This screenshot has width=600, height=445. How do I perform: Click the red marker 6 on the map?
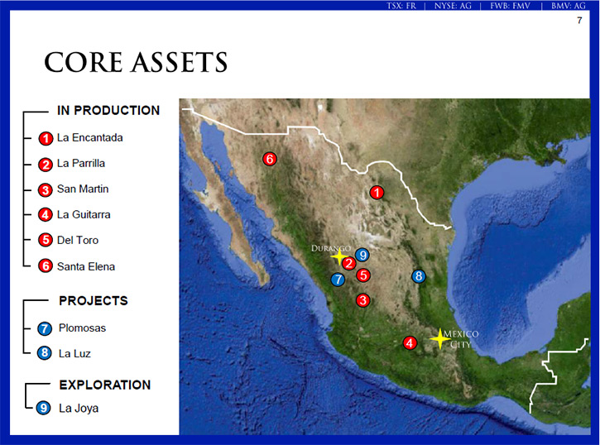pos(270,159)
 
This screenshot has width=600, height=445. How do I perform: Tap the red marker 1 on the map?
pos(377,192)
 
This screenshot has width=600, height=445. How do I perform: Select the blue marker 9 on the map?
pos(362,255)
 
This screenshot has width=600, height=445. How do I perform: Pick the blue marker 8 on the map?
pos(419,276)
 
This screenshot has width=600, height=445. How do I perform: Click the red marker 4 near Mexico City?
pos(410,343)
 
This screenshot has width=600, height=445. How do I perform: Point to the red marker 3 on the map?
pos(362,300)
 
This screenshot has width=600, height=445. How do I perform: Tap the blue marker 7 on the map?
pos(338,280)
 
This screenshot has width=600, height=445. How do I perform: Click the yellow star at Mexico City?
pos(440,339)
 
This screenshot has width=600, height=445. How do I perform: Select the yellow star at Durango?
pos(339,256)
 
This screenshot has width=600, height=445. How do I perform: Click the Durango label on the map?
pos(331,248)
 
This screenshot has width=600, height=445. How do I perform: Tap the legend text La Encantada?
pos(90,137)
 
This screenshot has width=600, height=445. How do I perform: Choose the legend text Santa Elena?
pos(86,266)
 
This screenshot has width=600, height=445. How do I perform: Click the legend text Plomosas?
pos(82,328)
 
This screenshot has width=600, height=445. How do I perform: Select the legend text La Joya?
pos(79,409)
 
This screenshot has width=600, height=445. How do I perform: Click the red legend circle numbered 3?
pos(46,189)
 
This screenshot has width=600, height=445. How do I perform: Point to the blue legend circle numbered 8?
pos(45,353)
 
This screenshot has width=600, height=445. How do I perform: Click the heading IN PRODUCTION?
pos(108,111)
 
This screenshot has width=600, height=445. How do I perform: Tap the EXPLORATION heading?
pos(105,385)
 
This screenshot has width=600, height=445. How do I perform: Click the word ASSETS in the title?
pos(180,62)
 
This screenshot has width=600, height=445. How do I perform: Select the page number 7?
pos(579,20)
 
